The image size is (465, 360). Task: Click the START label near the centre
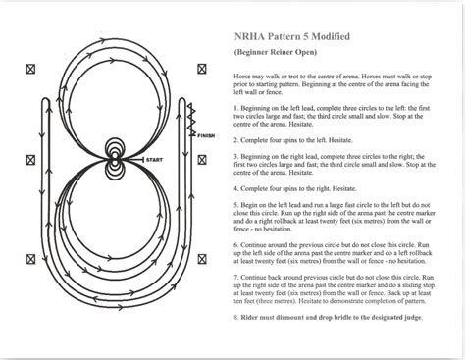(x=155, y=158)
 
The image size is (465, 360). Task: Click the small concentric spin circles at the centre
(x=116, y=158)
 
